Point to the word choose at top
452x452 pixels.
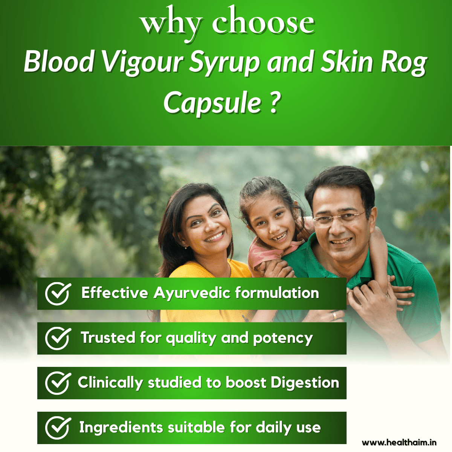click(263, 23)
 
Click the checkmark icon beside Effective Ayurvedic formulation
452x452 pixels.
click(58, 294)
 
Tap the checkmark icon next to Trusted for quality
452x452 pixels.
click(58, 338)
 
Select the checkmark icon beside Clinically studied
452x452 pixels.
click(58, 383)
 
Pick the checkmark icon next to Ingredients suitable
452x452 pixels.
click(58, 428)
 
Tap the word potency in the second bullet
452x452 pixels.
click(282, 338)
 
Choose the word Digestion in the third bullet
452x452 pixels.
click(305, 383)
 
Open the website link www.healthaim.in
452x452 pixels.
click(399, 442)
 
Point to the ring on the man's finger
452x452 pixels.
click(334, 316)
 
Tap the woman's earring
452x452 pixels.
click(185, 247)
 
